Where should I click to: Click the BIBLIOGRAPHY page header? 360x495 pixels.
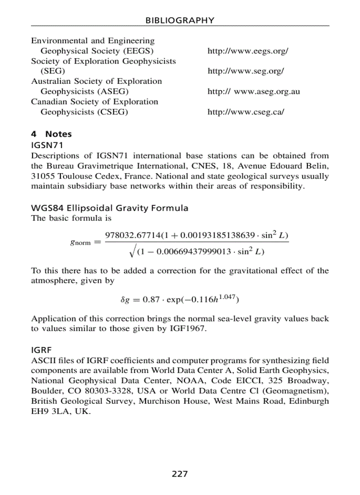click(180, 20)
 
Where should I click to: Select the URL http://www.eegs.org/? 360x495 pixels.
click(247, 51)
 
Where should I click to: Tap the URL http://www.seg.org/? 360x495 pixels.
click(245, 71)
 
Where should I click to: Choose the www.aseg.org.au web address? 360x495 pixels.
click(267, 92)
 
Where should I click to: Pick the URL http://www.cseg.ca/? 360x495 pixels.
click(246, 112)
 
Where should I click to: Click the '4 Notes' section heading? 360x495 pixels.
click(51, 134)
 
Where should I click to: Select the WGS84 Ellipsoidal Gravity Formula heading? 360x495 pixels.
click(109, 208)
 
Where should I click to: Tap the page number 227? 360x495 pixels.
click(180, 474)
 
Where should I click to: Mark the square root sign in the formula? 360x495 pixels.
click(131, 252)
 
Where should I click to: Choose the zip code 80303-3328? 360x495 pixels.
click(109, 391)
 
